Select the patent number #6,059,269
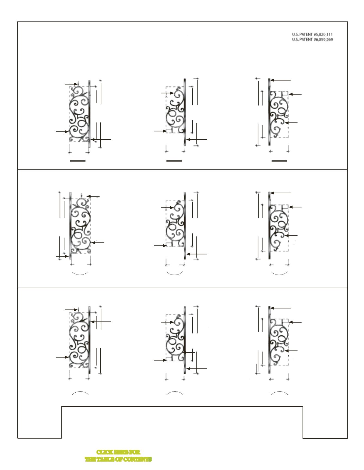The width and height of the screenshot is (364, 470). [x=322, y=40]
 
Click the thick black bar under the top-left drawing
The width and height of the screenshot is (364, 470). [x=78, y=161]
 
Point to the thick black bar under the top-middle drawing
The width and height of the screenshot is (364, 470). [x=174, y=161]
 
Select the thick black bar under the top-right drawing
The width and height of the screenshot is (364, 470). [x=279, y=161]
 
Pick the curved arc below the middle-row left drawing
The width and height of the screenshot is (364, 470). [x=80, y=275]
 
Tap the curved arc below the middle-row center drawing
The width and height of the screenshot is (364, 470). [x=174, y=275]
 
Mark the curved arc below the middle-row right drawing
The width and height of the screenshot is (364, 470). [x=279, y=275]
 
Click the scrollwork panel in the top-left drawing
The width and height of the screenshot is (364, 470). [x=79, y=114]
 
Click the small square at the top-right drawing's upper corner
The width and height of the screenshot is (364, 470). [x=285, y=93]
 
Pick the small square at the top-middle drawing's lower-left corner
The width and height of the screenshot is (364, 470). [x=169, y=131]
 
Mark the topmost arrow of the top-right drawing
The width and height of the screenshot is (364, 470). [x=280, y=80]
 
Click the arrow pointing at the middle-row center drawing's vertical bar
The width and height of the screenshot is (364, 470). [x=196, y=254]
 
